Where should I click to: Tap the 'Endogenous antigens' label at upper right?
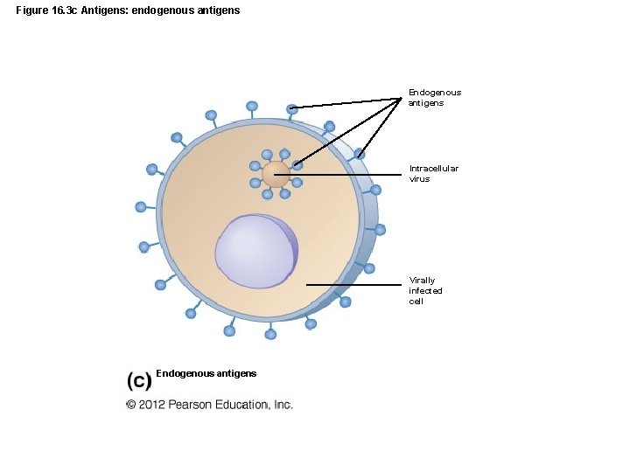(x=434, y=97)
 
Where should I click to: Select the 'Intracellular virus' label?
(x=433, y=173)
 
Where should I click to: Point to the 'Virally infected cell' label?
(x=426, y=290)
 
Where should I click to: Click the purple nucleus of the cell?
(x=255, y=251)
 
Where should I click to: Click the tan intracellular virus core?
(x=276, y=173)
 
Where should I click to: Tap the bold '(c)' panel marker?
(x=140, y=379)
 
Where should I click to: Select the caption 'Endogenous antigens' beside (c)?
(x=206, y=373)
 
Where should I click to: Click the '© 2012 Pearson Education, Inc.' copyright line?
(x=209, y=405)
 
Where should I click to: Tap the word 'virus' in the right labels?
(x=419, y=179)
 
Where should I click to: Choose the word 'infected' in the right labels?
(x=426, y=290)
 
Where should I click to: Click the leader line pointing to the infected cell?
(x=354, y=284)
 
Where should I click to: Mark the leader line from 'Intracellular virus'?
(x=341, y=175)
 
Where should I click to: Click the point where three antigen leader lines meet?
(x=403, y=98)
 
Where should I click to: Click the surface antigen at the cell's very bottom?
(x=270, y=334)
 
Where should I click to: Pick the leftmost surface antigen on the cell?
(x=141, y=207)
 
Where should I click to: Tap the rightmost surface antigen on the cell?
(x=381, y=230)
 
